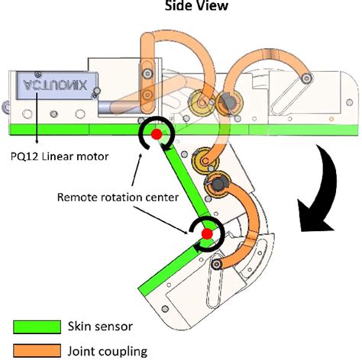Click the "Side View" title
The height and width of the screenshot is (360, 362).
click(x=180, y=6)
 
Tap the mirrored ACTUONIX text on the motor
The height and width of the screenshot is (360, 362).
click(x=54, y=85)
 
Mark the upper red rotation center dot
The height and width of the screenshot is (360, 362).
click(x=155, y=135)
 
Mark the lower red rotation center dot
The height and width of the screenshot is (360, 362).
click(x=205, y=231)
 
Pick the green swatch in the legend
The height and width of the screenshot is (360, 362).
click(x=37, y=327)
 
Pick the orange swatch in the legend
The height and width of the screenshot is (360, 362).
click(x=37, y=351)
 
